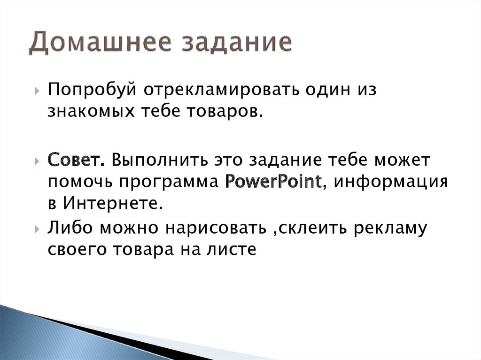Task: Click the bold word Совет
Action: pyautogui.click(x=76, y=160)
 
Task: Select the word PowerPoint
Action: pyautogui.click(x=273, y=181)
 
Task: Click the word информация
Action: pyautogui.click(x=389, y=181)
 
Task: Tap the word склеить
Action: pyautogui.click(x=310, y=229)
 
